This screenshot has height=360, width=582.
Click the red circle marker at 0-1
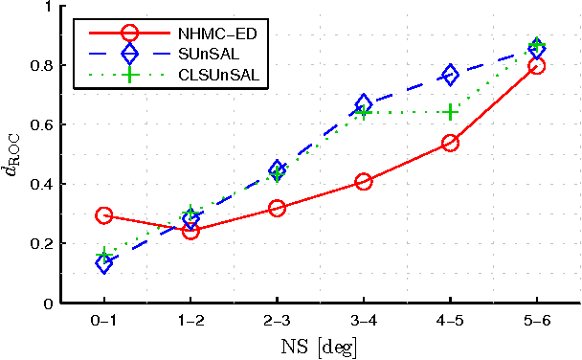[103, 215]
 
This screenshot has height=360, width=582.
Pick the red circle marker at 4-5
[450, 143]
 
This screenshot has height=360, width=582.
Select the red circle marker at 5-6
[537, 66]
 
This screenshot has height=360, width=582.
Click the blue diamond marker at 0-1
[103, 263]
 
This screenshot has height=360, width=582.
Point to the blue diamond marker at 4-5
[450, 75]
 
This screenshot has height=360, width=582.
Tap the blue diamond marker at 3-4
[364, 104]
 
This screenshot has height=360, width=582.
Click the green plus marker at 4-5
[450, 112]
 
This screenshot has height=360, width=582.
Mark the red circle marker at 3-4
[364, 181]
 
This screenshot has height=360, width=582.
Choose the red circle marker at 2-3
[277, 208]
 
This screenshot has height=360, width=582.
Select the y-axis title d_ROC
[12, 155]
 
